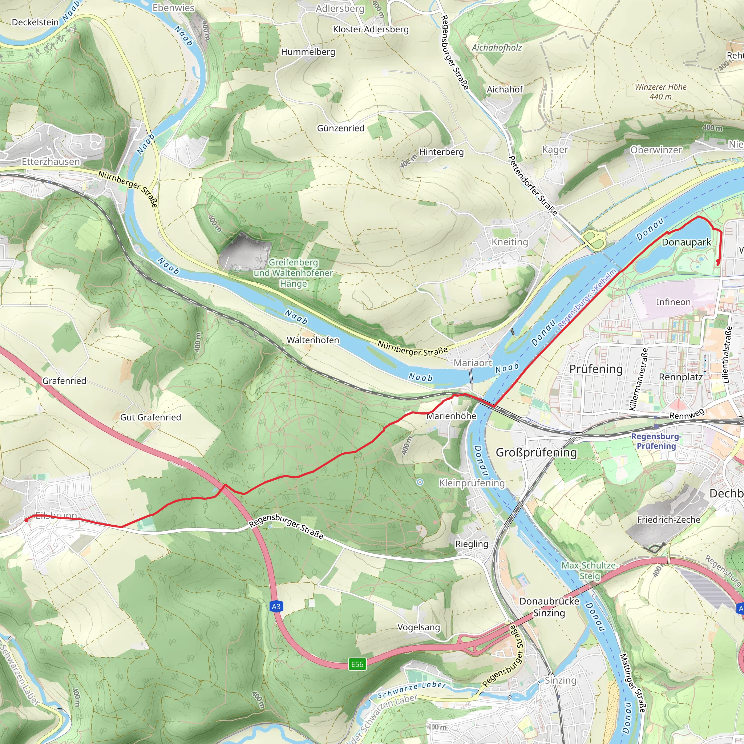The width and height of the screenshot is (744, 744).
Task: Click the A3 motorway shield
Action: click(276, 607)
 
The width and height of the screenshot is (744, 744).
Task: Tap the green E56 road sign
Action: click(357, 664)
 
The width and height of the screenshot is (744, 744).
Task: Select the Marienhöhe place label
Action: click(451, 416)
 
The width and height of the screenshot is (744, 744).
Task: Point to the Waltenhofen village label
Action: click(313, 340)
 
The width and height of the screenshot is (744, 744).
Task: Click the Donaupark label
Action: click(686, 242)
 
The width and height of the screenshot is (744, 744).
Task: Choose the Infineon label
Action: click(673, 302)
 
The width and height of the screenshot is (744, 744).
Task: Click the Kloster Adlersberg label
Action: click(371, 29)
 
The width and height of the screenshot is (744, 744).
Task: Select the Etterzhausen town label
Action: click(51, 162)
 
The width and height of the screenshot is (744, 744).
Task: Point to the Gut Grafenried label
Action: click(150, 417)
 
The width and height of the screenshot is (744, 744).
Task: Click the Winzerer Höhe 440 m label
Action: click(660, 92)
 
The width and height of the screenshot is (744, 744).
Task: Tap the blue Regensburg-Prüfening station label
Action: click(656, 441)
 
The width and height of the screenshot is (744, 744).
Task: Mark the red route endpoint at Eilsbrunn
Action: click(26, 520)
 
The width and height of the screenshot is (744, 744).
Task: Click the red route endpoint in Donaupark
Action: click(718, 262)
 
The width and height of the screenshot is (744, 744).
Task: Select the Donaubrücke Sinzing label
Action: click(549, 607)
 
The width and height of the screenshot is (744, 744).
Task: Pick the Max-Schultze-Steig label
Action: click(590, 570)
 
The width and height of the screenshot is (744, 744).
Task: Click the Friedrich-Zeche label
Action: click(668, 519)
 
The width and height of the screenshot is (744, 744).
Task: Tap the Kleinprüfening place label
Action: click(472, 483)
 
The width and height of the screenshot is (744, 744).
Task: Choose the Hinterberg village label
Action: click(441, 152)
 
